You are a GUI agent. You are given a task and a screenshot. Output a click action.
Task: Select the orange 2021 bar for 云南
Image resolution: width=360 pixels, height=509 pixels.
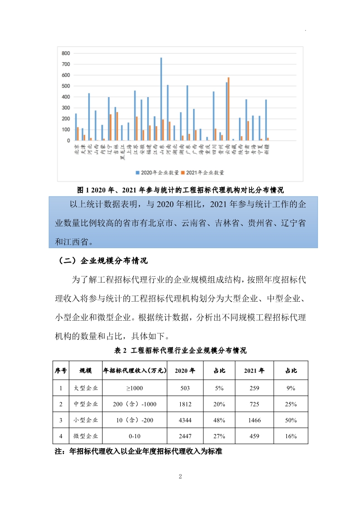point(229,109)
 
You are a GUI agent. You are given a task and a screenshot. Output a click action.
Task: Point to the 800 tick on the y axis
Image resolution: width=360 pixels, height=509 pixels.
point(66,54)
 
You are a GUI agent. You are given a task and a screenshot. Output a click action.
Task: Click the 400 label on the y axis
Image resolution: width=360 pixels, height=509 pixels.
point(66,97)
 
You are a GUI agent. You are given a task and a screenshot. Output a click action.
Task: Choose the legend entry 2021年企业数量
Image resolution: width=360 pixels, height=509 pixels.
point(202,172)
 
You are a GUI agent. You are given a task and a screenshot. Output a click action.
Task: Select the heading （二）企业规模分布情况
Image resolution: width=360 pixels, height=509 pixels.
point(101,261)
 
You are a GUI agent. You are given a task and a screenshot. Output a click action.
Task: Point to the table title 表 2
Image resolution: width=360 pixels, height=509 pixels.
point(180,351)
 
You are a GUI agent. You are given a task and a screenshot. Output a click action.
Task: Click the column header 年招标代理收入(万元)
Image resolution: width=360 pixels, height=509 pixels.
point(135,371)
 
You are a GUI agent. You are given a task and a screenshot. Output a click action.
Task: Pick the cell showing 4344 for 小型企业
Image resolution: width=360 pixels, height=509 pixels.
point(185,420)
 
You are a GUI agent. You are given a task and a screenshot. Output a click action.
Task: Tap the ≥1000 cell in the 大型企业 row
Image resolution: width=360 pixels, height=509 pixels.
point(135,388)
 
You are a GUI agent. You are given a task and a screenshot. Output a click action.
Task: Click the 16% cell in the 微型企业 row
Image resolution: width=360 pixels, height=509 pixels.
point(291,436)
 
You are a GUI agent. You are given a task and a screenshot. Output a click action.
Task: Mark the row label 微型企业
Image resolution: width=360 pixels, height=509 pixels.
point(86,436)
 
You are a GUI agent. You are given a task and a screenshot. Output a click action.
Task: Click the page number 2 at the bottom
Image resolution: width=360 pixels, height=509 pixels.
point(180,476)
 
